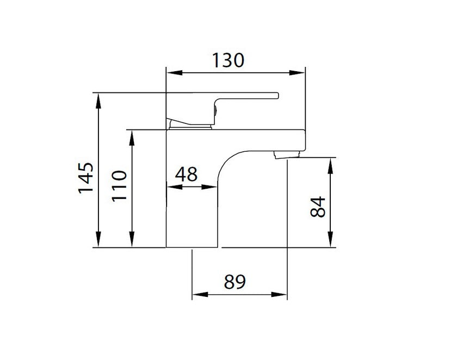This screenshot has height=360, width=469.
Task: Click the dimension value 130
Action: tap(228, 60)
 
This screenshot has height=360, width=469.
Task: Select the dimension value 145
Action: tap(86, 177)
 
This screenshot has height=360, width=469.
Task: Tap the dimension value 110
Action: tap(119, 186)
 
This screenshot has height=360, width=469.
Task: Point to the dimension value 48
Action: tap(186, 175)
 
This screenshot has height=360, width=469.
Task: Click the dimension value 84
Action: tap(318, 206)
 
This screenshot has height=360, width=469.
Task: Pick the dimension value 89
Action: tap(235, 282)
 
